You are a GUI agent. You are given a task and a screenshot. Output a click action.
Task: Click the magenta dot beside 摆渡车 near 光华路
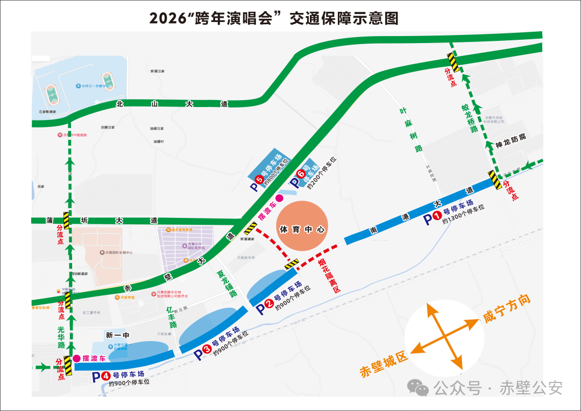pos(77,358)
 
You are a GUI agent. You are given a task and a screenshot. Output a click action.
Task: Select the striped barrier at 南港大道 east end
pos(495,180)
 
